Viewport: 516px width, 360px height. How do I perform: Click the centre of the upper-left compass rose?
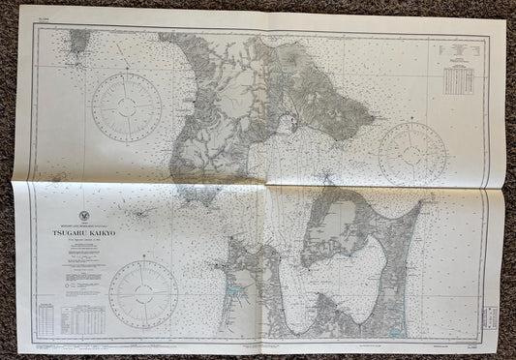click(126, 106)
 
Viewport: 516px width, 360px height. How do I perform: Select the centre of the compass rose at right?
click(412, 153)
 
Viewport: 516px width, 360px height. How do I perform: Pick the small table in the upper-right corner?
click(458, 78)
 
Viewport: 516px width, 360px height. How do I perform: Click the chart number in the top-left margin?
click(39, 19)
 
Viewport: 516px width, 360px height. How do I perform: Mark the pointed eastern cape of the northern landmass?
click(372, 123)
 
